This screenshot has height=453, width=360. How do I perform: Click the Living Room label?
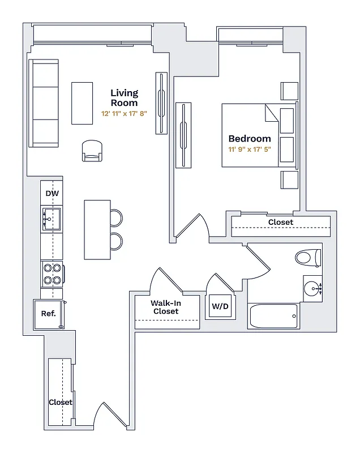(x=124, y=98)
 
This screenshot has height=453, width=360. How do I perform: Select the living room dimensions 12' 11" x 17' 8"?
(x=124, y=113)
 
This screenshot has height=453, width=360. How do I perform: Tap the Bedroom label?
(x=249, y=138)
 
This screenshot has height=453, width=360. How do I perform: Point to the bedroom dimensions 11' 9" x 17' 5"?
(x=249, y=150)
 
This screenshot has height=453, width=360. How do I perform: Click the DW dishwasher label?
(x=52, y=194)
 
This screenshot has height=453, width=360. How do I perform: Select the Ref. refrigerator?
(x=49, y=314)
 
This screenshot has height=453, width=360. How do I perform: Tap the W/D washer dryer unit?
(x=220, y=307)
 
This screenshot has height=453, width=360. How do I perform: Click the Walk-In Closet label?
(x=166, y=307)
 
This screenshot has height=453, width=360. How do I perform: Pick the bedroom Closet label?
(x=280, y=222)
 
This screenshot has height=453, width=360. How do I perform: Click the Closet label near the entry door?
(x=60, y=402)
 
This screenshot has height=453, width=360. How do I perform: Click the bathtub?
(x=273, y=316)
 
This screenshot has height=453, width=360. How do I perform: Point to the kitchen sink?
(x=52, y=218)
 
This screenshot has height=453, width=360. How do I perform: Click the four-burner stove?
(x=52, y=274)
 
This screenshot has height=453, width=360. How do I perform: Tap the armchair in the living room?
(x=93, y=151)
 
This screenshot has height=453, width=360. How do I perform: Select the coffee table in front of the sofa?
(x=82, y=102)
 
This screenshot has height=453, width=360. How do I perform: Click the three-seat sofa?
(x=45, y=103)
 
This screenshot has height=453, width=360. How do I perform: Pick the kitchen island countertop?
(x=97, y=229)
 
